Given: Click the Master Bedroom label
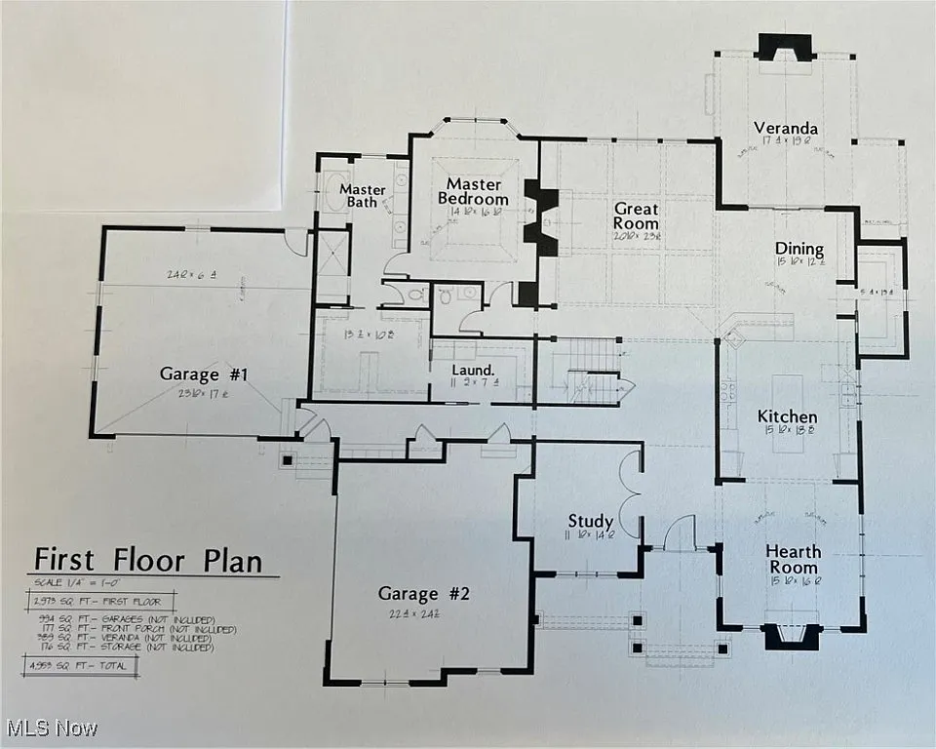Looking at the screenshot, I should [x=474, y=191].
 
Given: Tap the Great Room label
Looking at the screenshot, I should [x=636, y=217].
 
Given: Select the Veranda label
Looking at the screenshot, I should [x=785, y=128].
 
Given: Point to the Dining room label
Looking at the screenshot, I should [x=799, y=249].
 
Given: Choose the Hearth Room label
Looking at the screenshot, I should [x=793, y=559].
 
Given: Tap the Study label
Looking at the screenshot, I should [x=591, y=521].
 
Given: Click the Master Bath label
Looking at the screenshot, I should [x=362, y=195].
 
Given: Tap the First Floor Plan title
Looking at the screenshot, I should [x=148, y=561].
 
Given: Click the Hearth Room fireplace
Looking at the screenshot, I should [x=790, y=636].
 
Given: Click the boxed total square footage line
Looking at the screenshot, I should [x=81, y=666].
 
